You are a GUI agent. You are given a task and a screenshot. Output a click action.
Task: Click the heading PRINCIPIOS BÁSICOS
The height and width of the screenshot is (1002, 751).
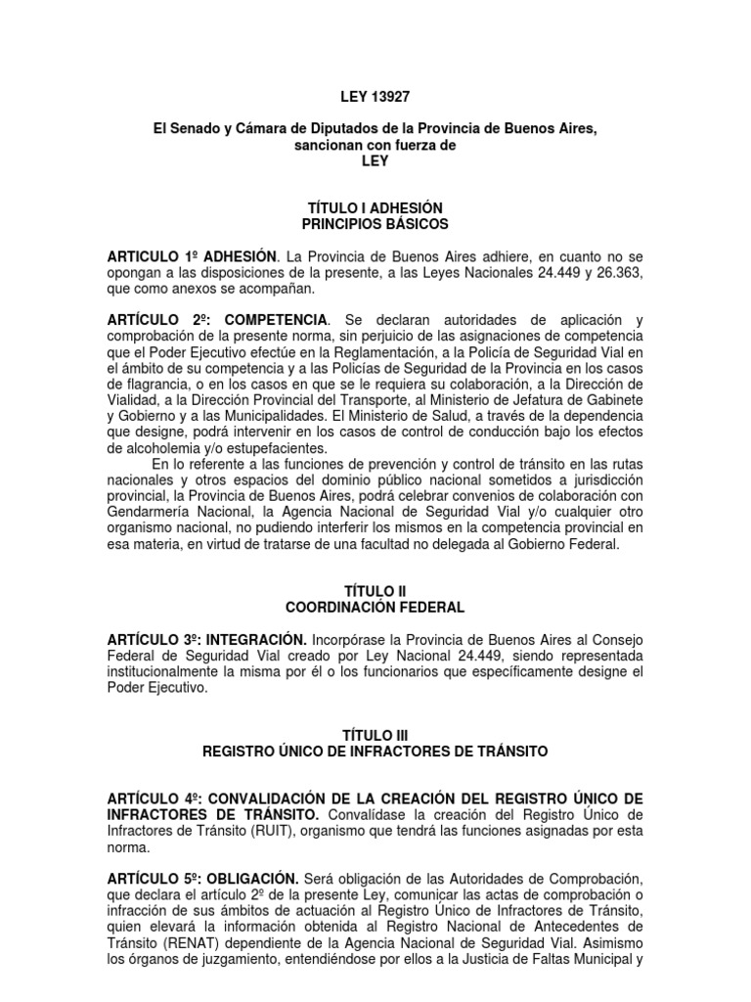click(x=375, y=224)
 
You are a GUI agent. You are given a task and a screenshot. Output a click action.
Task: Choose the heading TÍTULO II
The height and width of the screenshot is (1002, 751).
click(x=375, y=592)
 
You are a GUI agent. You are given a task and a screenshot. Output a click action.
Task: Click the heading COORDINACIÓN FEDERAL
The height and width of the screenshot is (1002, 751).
click(x=375, y=608)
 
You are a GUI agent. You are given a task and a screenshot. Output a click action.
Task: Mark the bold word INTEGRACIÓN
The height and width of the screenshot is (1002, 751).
click(x=236, y=639)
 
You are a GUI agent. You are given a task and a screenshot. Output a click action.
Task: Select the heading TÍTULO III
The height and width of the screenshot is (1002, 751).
click(x=375, y=735)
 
